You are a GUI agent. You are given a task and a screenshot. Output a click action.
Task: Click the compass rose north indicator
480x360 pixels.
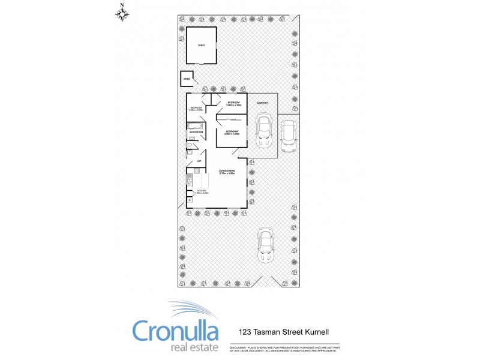click(x=122, y=13)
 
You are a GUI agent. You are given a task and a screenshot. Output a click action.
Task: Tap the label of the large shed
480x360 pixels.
click(x=202, y=45)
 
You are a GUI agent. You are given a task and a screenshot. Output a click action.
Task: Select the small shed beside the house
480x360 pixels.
click(x=187, y=79)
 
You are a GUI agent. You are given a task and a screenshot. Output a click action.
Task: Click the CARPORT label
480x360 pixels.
click(x=262, y=103)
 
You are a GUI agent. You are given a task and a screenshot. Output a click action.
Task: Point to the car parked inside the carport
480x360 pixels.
click(x=263, y=131)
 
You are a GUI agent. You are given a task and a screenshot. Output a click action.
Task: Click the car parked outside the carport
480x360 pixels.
click(x=289, y=137)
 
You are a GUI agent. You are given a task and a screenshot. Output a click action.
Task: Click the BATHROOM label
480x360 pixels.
click(x=196, y=132)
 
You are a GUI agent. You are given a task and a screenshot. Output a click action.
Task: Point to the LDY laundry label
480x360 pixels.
click(x=198, y=161)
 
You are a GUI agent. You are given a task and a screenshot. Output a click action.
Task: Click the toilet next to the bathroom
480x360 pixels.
click(x=190, y=145)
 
